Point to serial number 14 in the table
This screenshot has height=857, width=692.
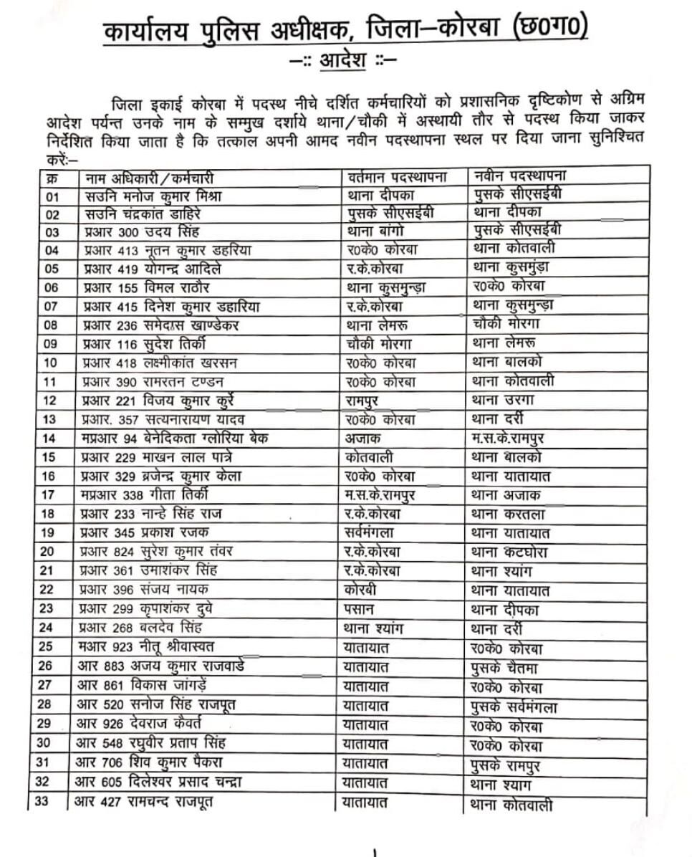tap(49, 437)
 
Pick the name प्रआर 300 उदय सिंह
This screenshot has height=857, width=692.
tap(142, 231)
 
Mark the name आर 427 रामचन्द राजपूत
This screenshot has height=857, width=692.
tap(144, 801)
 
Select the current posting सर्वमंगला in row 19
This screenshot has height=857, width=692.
tap(369, 532)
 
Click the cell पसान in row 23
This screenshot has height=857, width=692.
tap(360, 610)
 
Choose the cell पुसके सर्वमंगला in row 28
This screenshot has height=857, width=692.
tap(515, 707)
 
